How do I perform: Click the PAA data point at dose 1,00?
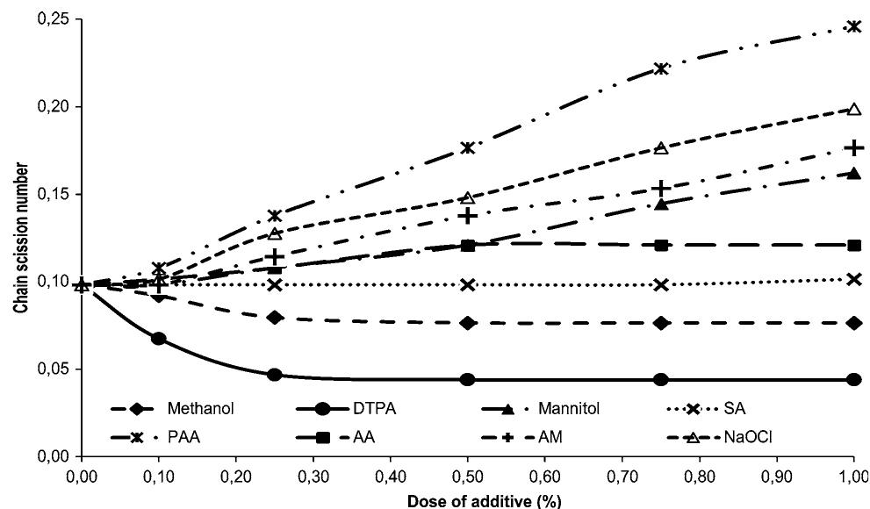(x=854, y=26)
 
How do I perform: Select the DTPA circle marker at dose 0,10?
(x=159, y=339)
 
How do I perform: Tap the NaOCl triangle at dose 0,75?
(x=661, y=148)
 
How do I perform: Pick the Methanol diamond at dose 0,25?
(x=275, y=317)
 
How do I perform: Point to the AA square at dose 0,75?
(x=661, y=245)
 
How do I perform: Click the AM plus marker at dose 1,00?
(x=854, y=147)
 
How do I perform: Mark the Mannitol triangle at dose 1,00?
(x=854, y=174)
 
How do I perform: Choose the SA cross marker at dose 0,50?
(x=468, y=285)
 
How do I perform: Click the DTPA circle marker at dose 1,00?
(x=854, y=380)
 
